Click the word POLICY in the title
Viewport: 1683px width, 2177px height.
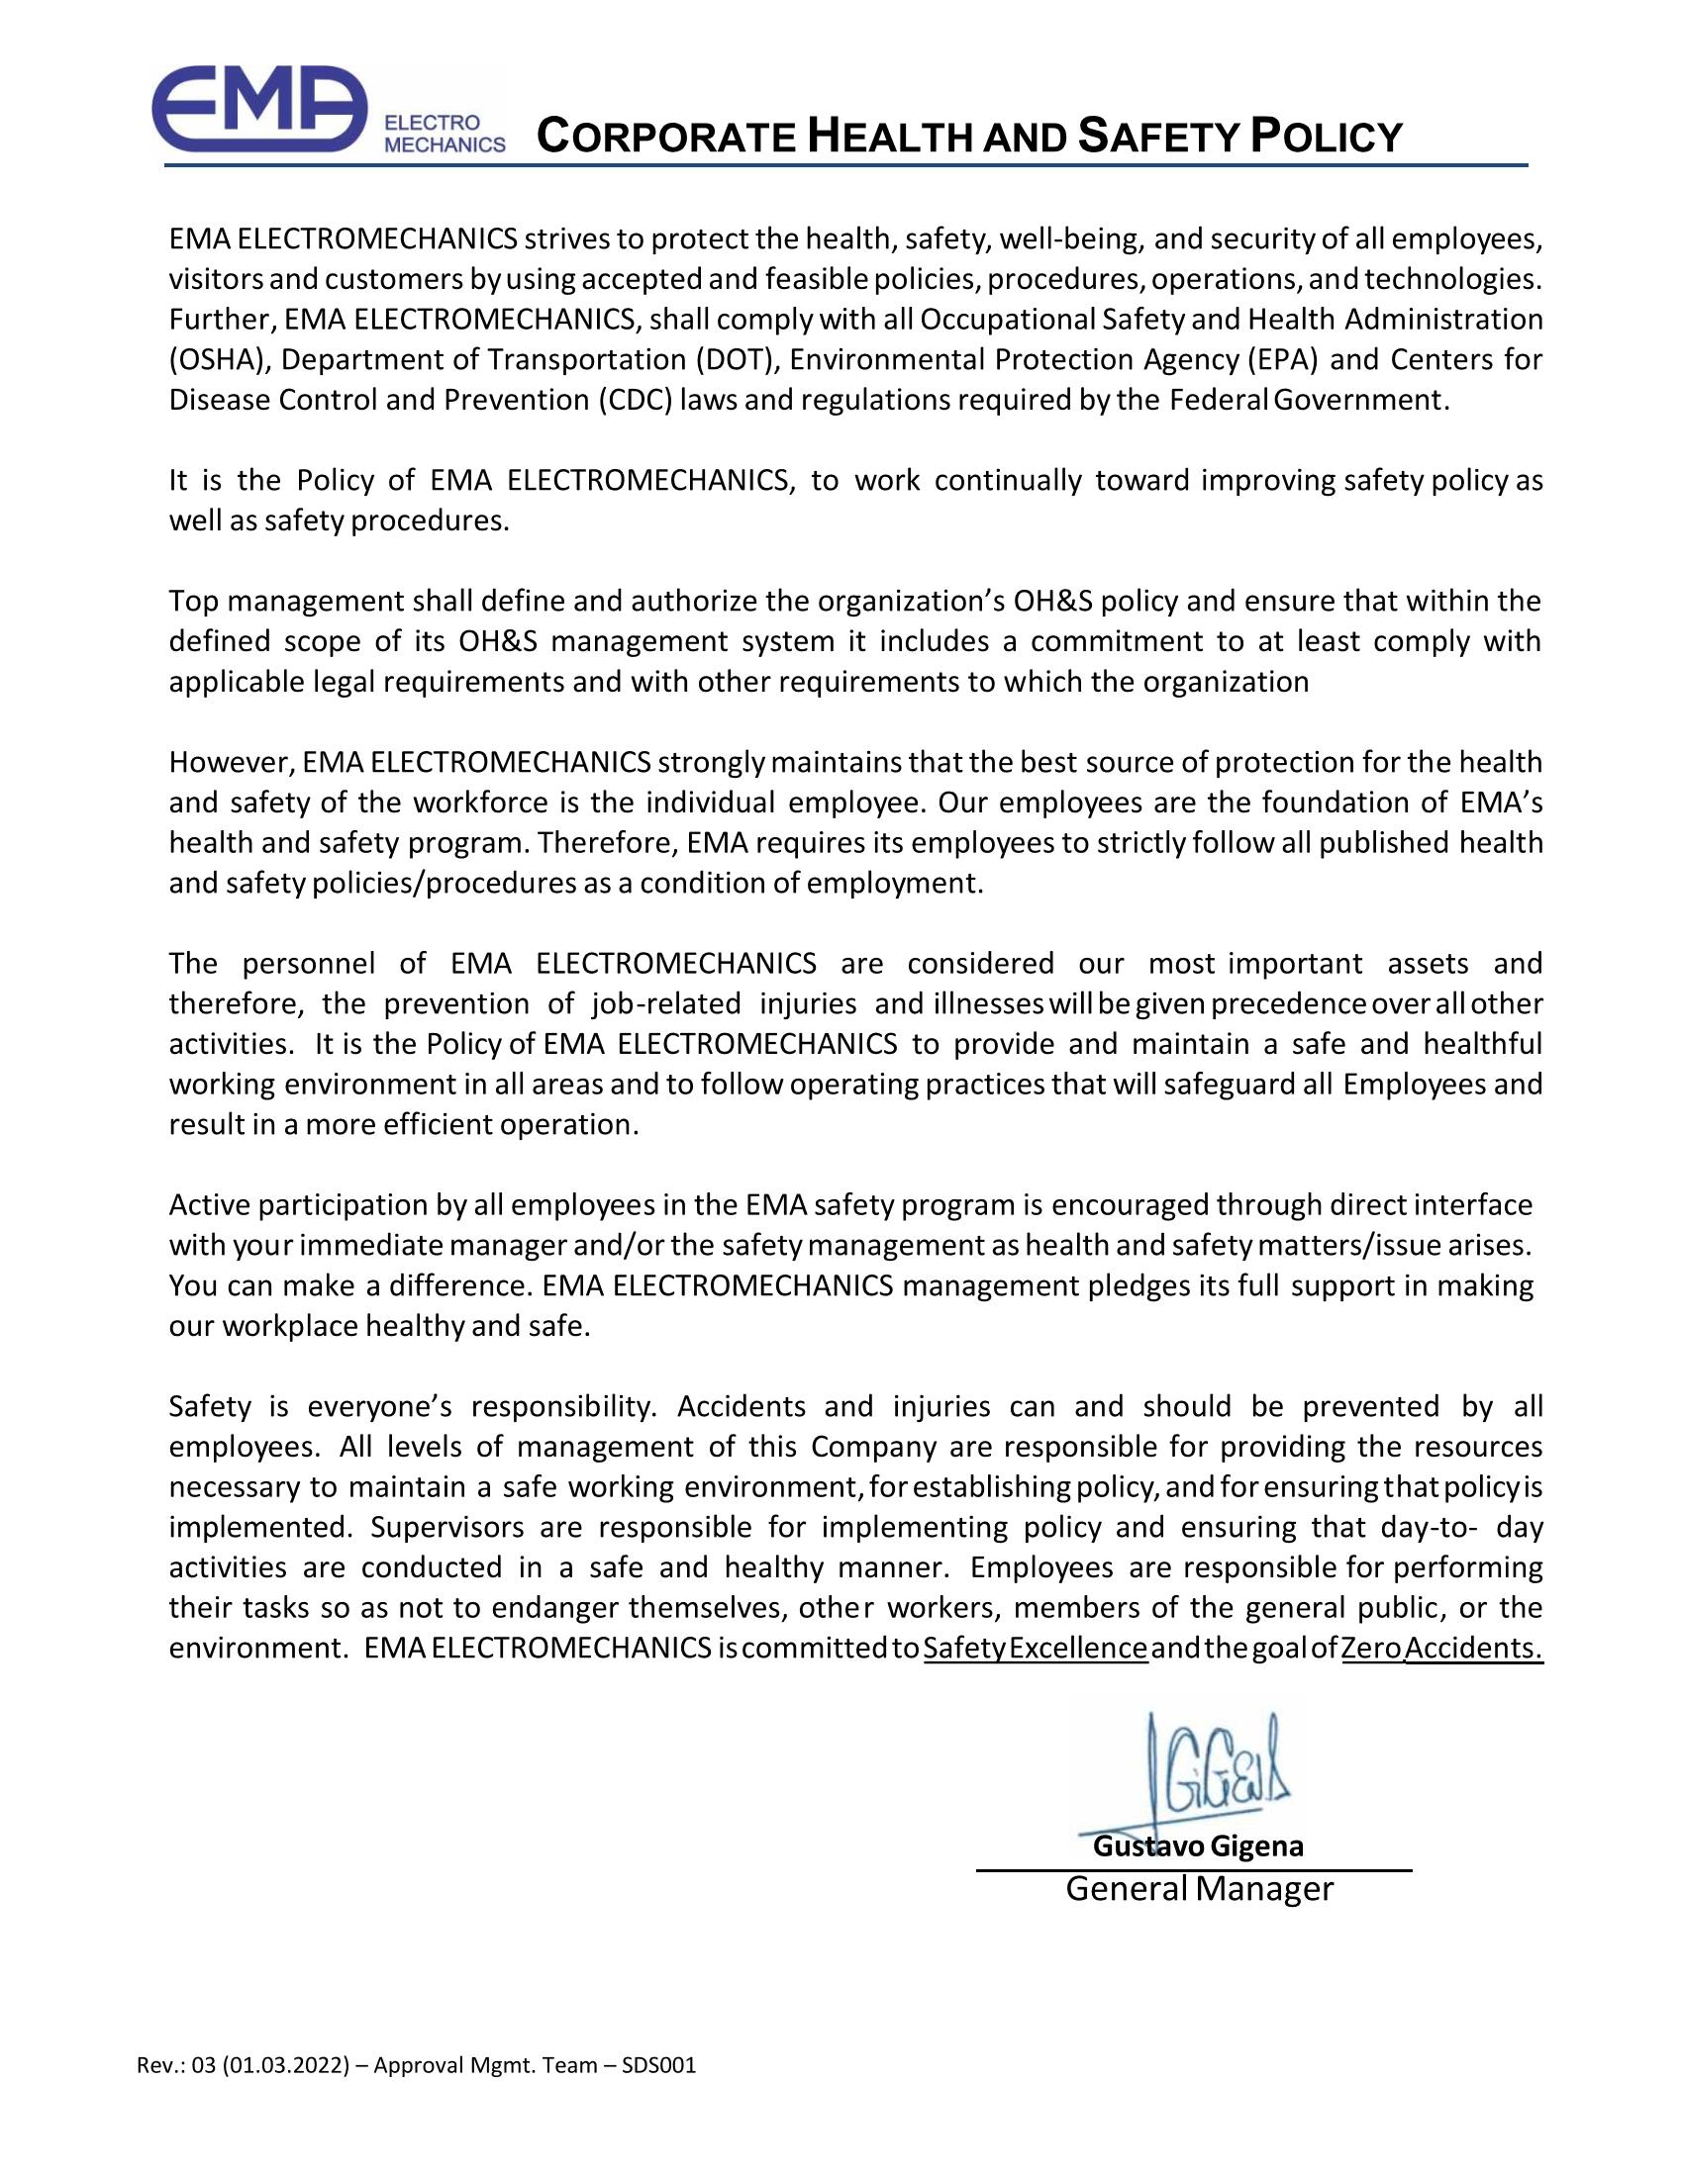tap(1326, 137)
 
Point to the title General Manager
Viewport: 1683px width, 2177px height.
tap(1200, 1889)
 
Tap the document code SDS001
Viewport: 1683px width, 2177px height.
tap(658, 2065)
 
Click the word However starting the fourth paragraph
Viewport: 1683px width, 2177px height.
tap(231, 763)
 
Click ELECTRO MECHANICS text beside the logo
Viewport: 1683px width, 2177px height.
tap(445, 133)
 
